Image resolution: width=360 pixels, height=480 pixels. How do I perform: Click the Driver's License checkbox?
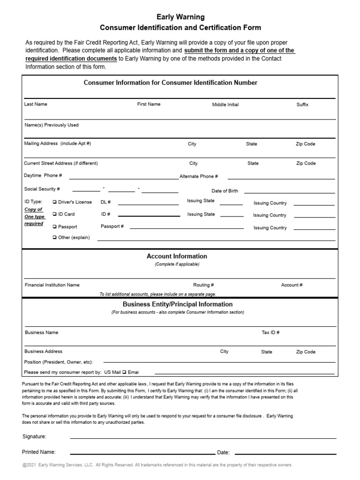pyautogui.click(x=54, y=202)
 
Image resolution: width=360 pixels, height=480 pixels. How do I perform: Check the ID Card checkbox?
pyautogui.click(x=54, y=214)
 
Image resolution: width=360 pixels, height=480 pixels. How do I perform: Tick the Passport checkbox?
pyautogui.click(x=54, y=227)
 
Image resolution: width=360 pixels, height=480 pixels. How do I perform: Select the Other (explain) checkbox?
pyautogui.click(x=54, y=238)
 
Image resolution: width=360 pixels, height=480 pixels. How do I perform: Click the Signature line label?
pyautogui.click(x=34, y=436)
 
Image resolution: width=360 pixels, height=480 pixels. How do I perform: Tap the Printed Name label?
pyautogui.click(x=39, y=452)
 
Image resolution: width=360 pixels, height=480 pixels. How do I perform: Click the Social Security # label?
pyautogui.click(x=42, y=189)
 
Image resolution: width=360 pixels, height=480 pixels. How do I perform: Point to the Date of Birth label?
pyautogui.click(x=225, y=191)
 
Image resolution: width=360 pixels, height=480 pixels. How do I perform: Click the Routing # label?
pyautogui.click(x=203, y=285)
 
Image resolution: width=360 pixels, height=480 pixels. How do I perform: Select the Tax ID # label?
pyautogui.click(x=270, y=332)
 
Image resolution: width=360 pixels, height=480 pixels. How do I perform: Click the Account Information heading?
pyautogui.click(x=177, y=256)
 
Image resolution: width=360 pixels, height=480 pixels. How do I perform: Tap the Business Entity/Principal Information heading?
pyautogui.click(x=177, y=304)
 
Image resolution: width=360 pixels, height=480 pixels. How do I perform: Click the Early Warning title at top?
pyautogui.click(x=180, y=17)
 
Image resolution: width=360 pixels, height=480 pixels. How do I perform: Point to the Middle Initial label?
pyautogui.click(x=225, y=105)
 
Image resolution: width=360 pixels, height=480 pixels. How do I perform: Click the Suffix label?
pyautogui.click(x=302, y=105)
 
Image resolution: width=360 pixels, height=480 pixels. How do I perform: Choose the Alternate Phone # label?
pyautogui.click(x=199, y=176)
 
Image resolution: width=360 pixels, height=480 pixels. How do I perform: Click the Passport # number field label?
pyautogui.click(x=112, y=226)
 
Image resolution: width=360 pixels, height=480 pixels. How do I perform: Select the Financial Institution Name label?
pyautogui.click(x=52, y=285)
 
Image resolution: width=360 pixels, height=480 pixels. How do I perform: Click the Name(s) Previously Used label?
pyautogui.click(x=51, y=125)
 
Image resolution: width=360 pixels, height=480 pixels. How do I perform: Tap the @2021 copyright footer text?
pyautogui.click(x=157, y=465)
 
